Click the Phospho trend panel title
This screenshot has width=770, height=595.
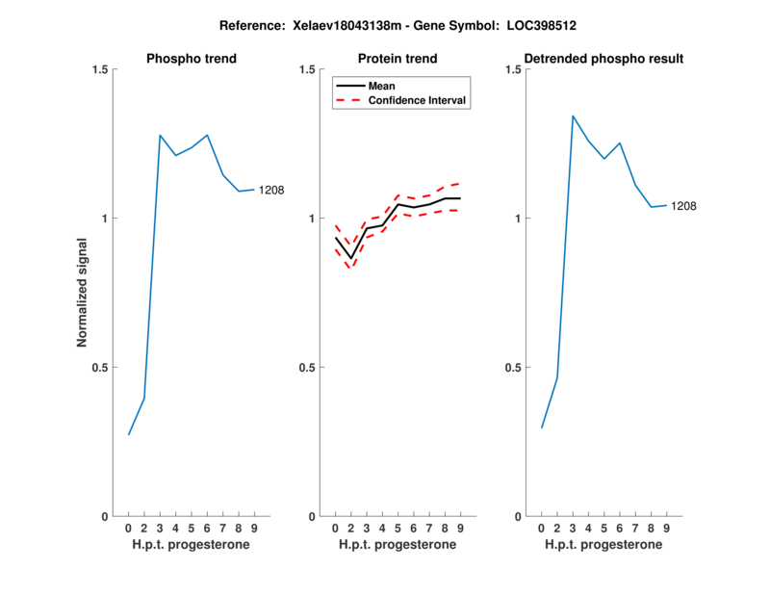(191, 59)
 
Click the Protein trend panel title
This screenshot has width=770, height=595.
(397, 59)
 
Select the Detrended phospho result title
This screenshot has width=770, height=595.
(603, 59)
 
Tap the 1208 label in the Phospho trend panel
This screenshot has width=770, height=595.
(271, 191)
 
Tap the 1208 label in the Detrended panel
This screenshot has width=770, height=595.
(683, 206)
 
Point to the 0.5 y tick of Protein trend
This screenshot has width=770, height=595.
(307, 367)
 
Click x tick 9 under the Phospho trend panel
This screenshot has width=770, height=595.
(254, 529)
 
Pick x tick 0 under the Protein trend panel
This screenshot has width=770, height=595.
(335, 529)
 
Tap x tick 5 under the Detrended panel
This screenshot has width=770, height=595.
(603, 529)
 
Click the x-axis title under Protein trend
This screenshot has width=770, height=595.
(397, 545)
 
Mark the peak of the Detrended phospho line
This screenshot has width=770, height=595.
(573, 116)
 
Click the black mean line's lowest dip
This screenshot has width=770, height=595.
(351, 258)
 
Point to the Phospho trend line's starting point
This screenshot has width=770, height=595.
(129, 434)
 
